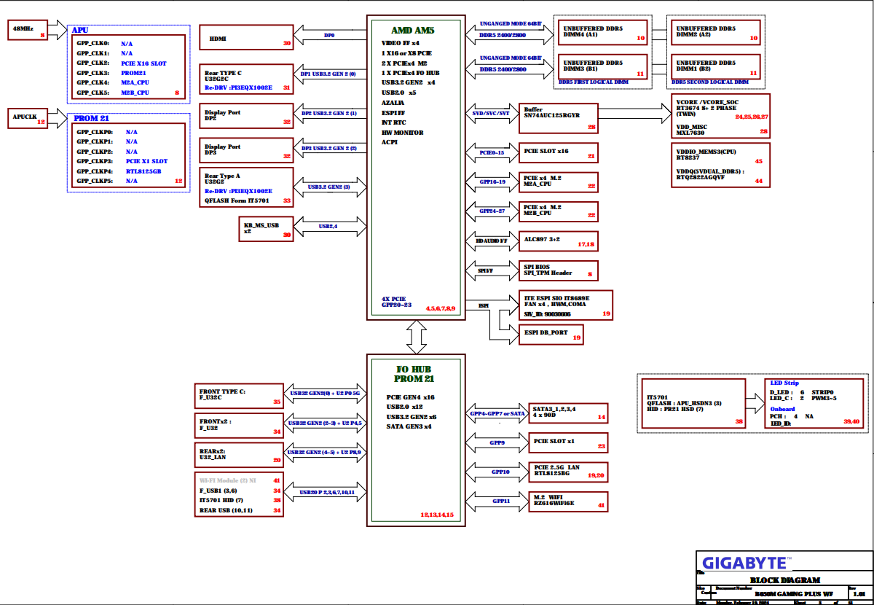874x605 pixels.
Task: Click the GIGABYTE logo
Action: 744,563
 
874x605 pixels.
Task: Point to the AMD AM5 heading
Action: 413,31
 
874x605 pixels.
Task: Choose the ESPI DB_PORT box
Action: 551,334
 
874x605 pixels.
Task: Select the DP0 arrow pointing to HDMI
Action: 330,34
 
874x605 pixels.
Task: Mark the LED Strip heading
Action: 784,383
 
